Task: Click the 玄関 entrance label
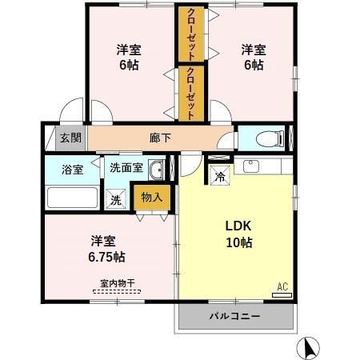click(70, 137)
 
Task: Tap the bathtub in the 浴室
click(73, 198)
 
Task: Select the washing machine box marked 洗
click(117, 199)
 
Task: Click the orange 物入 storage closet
click(151, 197)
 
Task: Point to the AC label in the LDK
click(282, 286)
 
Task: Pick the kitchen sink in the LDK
click(250, 167)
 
